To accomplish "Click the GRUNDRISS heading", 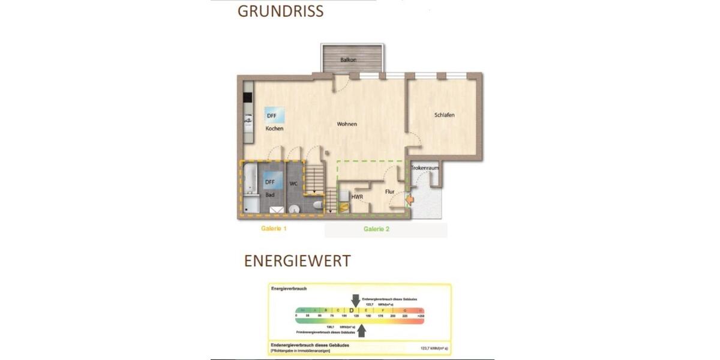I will click(280, 11).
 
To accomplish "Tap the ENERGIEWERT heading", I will click(297, 261).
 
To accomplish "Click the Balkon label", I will click(349, 60).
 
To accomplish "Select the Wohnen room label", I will click(347, 124).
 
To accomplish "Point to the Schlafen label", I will click(444, 115).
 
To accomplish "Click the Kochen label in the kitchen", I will click(274, 128).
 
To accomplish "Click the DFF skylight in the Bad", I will click(270, 181).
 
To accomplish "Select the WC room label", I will click(294, 183).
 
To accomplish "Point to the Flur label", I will click(389, 192).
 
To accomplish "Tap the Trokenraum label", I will click(425, 168).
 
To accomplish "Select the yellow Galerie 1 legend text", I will click(274, 229).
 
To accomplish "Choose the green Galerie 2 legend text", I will click(377, 229).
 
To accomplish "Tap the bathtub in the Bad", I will click(250, 183).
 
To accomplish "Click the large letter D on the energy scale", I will click(352, 310).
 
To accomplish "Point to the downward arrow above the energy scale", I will click(356, 300).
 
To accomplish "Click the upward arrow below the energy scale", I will click(361, 331).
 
